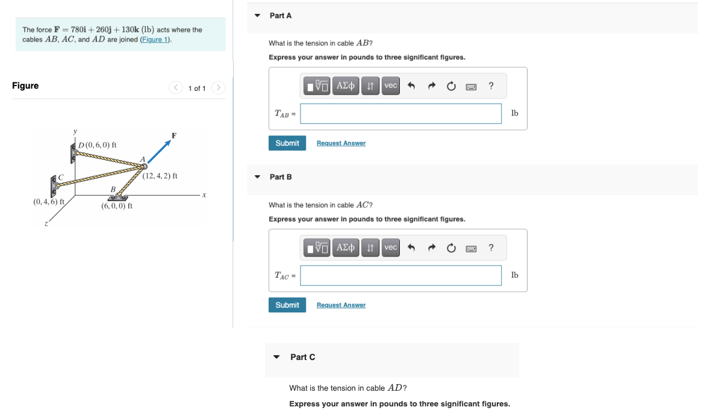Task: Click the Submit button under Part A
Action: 287,143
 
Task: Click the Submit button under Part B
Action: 287,305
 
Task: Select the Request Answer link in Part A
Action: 341,143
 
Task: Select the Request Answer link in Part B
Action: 341,305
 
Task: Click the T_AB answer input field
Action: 400,114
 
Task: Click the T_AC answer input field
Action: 400,275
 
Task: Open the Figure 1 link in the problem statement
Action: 155,40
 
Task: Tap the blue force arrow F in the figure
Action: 160,151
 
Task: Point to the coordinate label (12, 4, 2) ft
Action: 160,176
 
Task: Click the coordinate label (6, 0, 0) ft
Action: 117,206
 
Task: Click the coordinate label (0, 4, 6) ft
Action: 49,202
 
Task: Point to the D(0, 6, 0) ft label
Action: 98,144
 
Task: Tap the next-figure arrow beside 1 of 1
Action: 218,87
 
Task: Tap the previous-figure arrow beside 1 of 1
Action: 176,87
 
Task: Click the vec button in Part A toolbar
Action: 391,85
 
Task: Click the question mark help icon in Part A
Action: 491,85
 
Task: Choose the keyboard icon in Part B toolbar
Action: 471,248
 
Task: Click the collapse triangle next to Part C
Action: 276,357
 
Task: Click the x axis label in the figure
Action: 204,195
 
